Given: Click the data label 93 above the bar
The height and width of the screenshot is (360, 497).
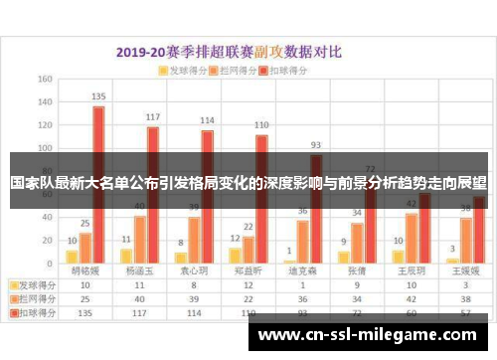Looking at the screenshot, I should [315, 144].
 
